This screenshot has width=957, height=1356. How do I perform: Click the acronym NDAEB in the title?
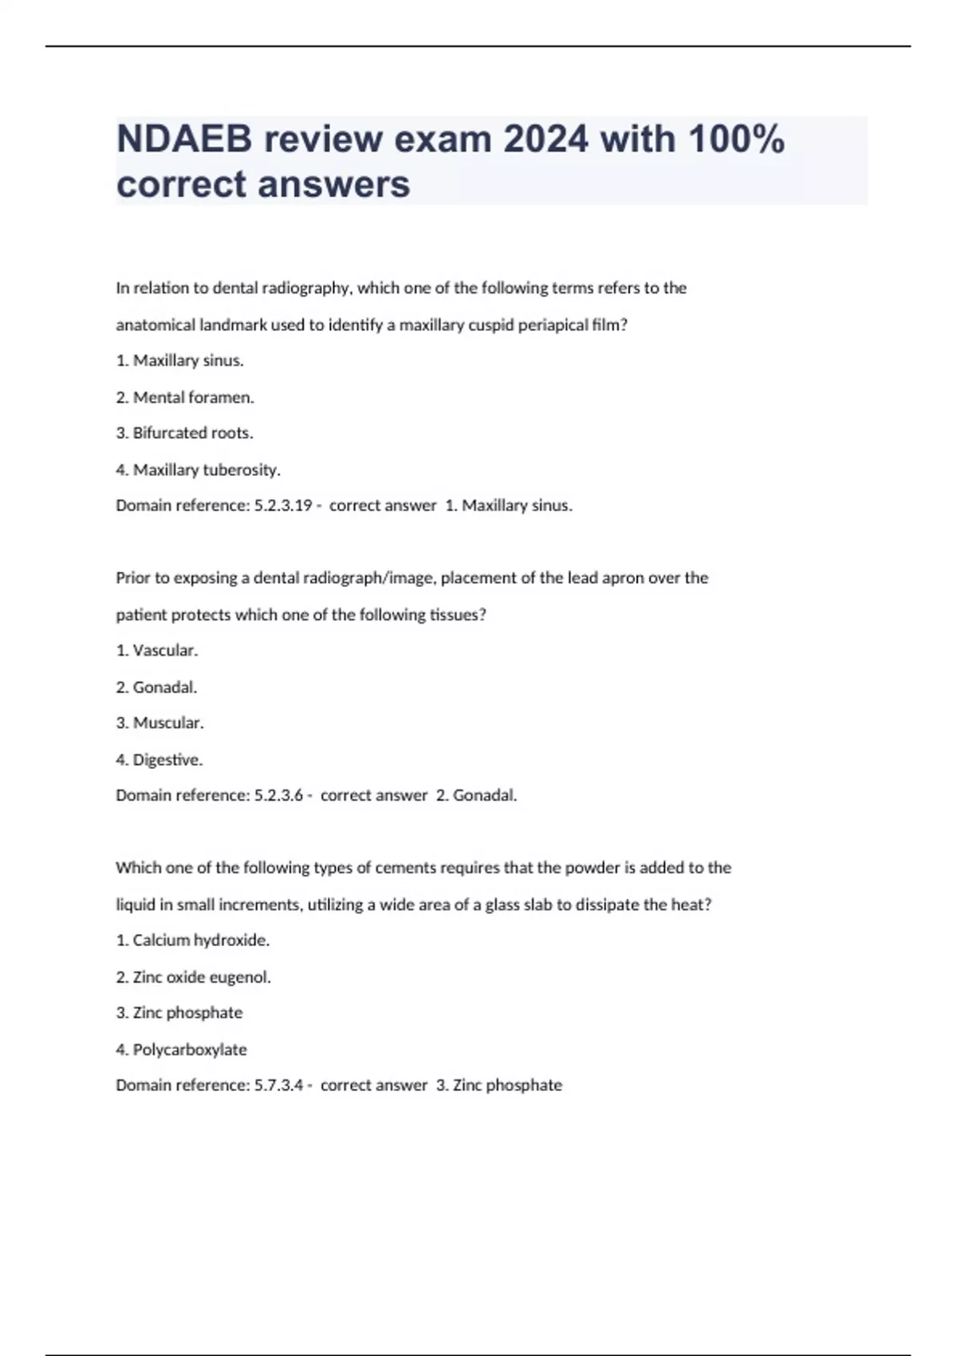tap(183, 140)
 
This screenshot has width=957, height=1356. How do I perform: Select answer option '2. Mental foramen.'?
tap(185, 397)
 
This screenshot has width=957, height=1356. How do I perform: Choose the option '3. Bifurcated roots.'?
tap(184, 433)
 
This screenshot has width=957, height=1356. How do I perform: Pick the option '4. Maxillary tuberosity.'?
tap(198, 470)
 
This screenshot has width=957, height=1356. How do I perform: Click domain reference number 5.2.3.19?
tap(282, 506)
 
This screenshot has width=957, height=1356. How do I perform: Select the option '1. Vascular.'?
tap(156, 650)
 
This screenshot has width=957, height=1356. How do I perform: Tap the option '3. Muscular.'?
tap(159, 723)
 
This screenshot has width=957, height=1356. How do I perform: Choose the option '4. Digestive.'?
tap(159, 759)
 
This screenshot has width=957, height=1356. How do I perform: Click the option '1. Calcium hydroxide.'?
tap(192, 940)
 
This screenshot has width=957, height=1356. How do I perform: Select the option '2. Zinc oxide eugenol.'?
tap(193, 977)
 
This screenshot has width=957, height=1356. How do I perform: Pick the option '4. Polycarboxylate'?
tap(181, 1050)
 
